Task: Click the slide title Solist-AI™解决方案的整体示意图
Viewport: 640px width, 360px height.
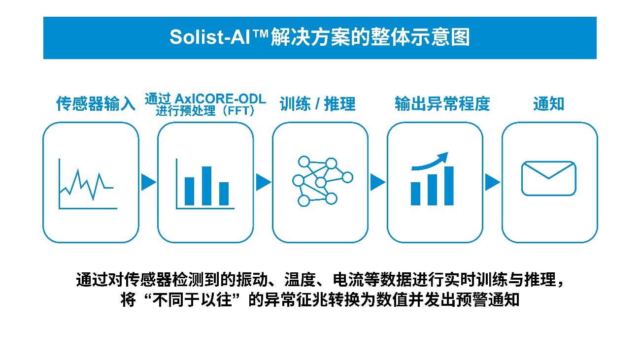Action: tap(319, 38)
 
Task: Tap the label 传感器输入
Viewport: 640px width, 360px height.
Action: tap(96, 104)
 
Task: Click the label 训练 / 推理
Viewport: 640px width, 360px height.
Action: tap(318, 104)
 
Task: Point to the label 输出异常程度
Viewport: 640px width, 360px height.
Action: tap(442, 104)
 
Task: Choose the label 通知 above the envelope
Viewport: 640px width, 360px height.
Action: tap(549, 104)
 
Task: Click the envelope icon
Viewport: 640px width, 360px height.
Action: tap(549, 178)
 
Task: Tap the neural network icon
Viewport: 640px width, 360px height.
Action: tap(320, 181)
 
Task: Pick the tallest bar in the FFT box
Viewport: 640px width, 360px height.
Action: tap(206, 186)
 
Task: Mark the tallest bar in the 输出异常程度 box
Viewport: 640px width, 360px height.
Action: tap(449, 186)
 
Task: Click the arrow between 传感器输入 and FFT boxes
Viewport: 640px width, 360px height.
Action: tap(148, 182)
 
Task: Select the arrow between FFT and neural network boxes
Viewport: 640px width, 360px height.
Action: tap(263, 182)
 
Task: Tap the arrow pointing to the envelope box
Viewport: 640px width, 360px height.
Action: tap(492, 182)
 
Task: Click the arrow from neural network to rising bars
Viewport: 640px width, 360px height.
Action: tap(377, 182)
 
